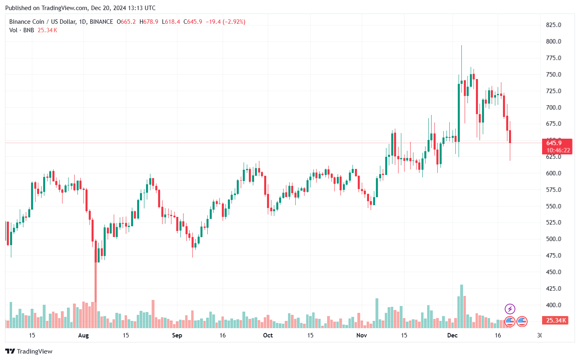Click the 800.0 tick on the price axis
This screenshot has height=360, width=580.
click(x=553, y=42)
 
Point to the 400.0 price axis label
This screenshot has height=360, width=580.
click(x=553, y=305)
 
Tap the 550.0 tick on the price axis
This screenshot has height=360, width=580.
click(x=553, y=206)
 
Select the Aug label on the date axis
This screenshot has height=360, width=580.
click(x=83, y=335)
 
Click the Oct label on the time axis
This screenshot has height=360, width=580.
click(x=268, y=335)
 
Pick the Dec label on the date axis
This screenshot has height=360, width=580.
click(x=452, y=335)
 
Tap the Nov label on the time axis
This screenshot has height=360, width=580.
click(x=362, y=335)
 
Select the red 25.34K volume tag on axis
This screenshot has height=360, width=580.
click(x=556, y=320)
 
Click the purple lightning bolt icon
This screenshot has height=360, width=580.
click(x=510, y=309)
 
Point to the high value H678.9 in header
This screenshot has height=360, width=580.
click(x=149, y=22)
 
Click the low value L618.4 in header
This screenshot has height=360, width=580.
click(x=171, y=22)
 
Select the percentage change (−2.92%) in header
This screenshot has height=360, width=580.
click(x=234, y=22)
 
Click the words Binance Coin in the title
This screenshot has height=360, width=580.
click(x=27, y=22)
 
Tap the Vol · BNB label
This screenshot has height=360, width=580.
click(x=21, y=30)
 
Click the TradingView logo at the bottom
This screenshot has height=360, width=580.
click(x=29, y=351)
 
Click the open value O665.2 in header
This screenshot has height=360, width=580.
click(x=126, y=22)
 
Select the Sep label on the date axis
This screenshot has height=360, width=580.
click(x=177, y=335)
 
